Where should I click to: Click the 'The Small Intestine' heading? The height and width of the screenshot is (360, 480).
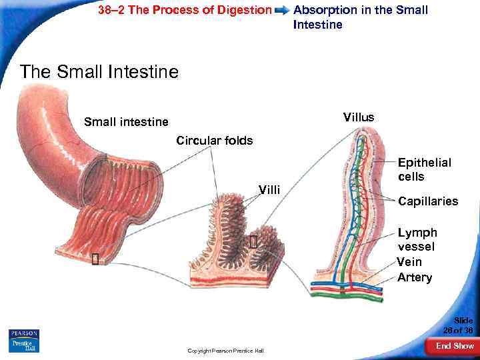click(99, 71)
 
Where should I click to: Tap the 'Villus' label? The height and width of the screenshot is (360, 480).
click(359, 117)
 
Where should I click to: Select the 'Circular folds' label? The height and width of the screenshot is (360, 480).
click(214, 141)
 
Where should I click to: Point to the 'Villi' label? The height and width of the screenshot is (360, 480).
click(271, 191)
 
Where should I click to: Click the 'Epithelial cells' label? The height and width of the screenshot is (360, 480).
click(424, 169)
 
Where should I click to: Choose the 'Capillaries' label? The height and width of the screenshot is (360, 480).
click(428, 201)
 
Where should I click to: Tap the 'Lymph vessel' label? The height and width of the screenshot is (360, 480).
click(417, 240)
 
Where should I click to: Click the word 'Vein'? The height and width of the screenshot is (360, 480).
click(409, 262)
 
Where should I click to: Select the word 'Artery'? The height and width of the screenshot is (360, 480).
click(415, 277)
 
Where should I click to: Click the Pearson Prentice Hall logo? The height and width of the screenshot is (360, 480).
click(24, 340)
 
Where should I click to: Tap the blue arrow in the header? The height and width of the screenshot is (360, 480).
click(283, 11)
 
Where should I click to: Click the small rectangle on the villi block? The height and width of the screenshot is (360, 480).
click(253, 242)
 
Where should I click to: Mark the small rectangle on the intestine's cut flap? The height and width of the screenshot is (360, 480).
click(95, 259)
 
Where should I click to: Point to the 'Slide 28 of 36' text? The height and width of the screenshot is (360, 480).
click(460, 325)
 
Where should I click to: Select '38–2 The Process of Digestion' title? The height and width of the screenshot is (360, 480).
click(185, 10)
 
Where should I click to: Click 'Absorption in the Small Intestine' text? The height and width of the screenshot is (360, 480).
click(360, 17)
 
